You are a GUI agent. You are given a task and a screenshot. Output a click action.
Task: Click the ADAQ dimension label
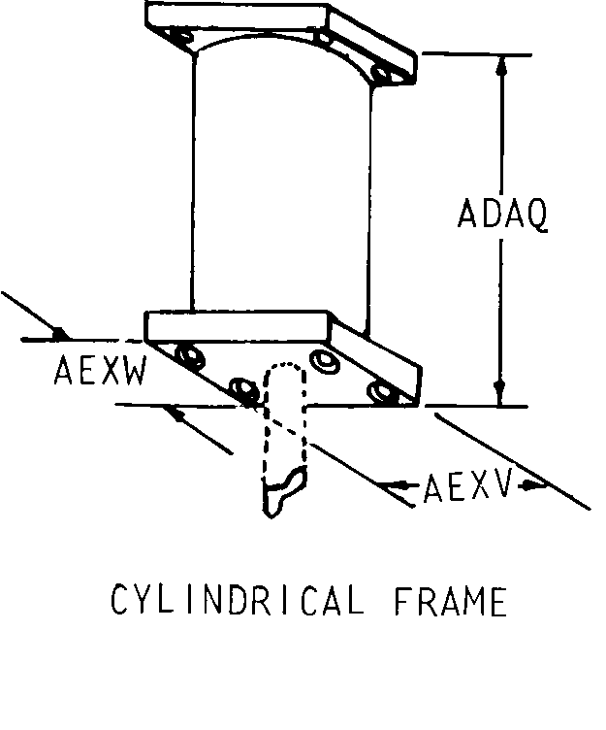click(x=502, y=215)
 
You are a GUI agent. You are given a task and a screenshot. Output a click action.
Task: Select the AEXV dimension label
click(x=466, y=487)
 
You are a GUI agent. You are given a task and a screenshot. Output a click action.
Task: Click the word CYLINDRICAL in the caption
click(x=237, y=602)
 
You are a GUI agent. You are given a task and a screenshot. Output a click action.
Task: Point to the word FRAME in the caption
click(x=450, y=602)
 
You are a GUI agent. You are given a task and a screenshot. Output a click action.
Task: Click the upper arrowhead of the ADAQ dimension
click(x=501, y=66)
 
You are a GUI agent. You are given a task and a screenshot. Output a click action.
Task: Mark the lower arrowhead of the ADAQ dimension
click(x=501, y=393)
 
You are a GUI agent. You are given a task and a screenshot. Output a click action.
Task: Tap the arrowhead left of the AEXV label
click(x=392, y=481)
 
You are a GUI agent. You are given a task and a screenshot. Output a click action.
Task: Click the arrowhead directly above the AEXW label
click(x=60, y=335)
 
